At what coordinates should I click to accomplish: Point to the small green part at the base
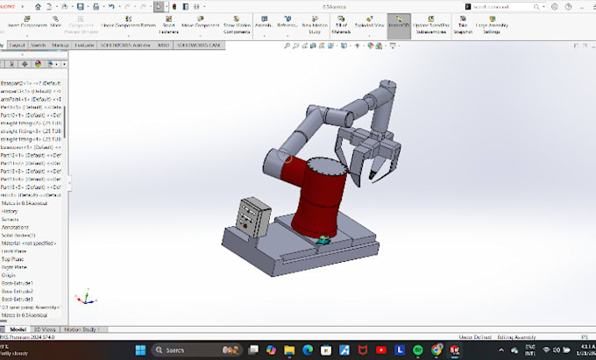tap(323, 239)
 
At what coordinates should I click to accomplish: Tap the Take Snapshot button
tap(462, 25)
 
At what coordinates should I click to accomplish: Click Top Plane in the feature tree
tap(12, 259)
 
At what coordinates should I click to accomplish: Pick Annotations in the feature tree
tap(15, 227)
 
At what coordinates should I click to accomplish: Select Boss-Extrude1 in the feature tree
tap(18, 284)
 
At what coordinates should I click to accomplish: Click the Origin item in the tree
tap(9, 276)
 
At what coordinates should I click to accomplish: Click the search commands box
tap(500, 5)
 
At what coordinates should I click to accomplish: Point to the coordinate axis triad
tap(82, 299)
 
